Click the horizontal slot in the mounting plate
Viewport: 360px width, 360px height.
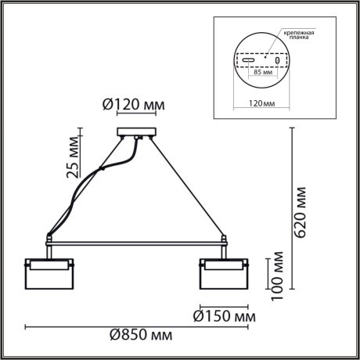tap(247, 60)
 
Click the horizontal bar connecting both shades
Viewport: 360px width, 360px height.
tap(138, 239)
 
